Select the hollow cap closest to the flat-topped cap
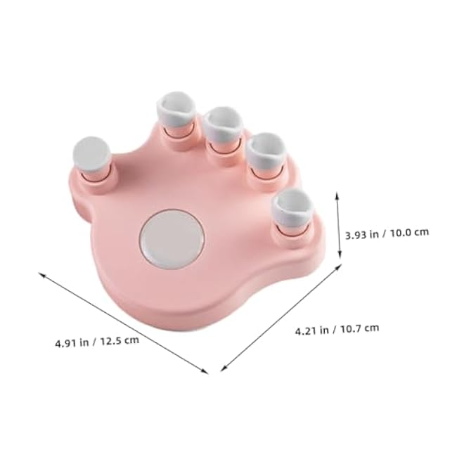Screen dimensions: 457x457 click(175, 111)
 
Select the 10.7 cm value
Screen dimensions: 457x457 click(359, 327)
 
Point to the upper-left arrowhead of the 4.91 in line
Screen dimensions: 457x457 click(41, 275)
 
